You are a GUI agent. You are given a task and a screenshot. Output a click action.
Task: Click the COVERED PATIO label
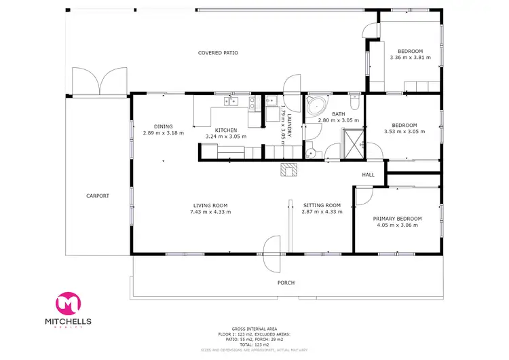(x=218, y=52)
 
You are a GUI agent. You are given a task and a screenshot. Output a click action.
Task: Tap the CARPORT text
(x=97, y=196)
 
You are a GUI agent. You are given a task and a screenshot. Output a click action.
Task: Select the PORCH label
(x=286, y=283)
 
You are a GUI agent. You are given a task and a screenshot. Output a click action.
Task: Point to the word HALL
(x=368, y=175)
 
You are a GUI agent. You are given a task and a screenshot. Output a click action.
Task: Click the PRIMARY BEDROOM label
(x=397, y=218)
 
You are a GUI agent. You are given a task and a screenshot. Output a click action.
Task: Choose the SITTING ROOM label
(x=322, y=205)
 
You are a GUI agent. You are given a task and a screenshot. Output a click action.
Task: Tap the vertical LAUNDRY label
(x=288, y=126)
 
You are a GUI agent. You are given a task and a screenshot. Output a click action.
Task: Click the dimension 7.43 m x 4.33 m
(x=210, y=212)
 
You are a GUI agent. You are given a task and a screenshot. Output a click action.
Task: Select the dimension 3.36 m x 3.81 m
(x=410, y=58)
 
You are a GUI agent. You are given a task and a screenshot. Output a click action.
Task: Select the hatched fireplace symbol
(x=289, y=169)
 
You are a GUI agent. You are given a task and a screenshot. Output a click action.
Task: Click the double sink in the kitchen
(x=231, y=103)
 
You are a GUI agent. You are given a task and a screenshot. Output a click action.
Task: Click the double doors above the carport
(x=100, y=82)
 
